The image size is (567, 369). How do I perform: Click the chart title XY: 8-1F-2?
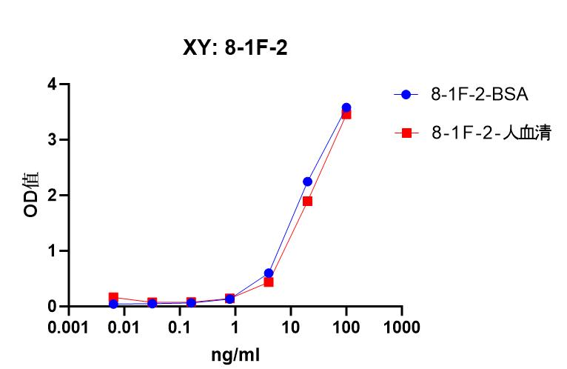(x=235, y=49)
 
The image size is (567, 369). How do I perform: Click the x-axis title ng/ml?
(x=235, y=354)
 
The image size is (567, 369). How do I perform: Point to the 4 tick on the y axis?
(x=52, y=84)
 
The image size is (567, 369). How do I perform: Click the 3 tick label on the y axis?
(x=52, y=140)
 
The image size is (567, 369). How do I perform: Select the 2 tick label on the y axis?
(x=52, y=196)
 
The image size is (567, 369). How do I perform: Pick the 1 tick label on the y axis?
(x=52, y=251)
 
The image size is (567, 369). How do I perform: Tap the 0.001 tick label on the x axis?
(x=69, y=327)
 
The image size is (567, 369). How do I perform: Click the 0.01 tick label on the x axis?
(x=124, y=327)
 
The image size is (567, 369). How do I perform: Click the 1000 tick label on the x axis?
(x=402, y=327)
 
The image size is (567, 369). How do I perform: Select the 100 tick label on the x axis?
(x=346, y=327)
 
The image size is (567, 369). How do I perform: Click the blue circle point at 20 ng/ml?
(x=307, y=182)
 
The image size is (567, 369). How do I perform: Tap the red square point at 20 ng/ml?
(x=307, y=201)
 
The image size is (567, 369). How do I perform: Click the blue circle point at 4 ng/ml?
(x=269, y=273)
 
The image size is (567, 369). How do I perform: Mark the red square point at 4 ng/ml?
(x=269, y=282)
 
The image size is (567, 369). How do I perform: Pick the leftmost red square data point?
(x=113, y=297)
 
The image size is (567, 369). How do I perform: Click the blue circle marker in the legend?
(x=406, y=95)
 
